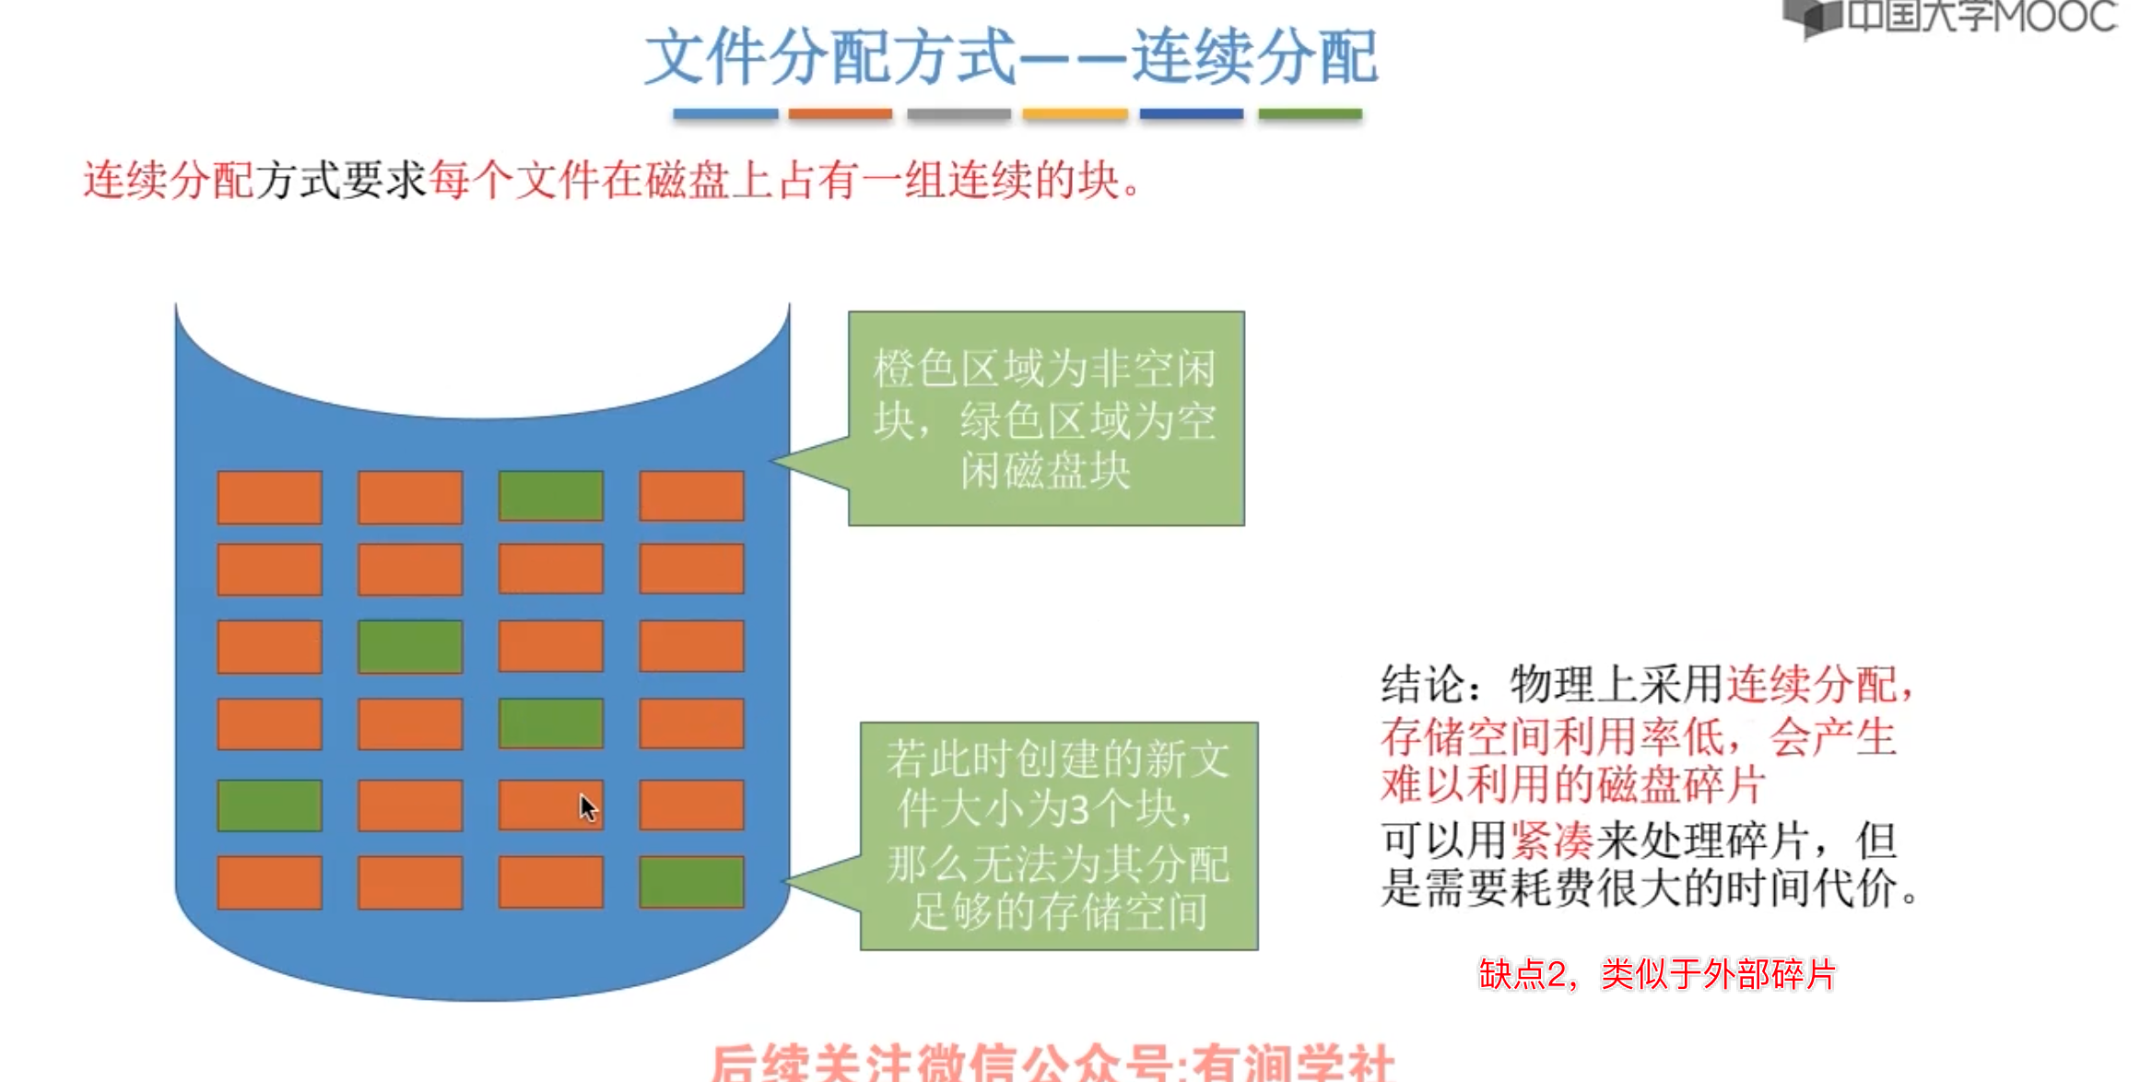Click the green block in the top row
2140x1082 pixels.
[550, 496]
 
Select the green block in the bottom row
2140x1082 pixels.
[691, 882]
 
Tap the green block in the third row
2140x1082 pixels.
[410, 646]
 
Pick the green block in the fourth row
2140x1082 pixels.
[550, 723]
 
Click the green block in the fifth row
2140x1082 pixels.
[269, 806]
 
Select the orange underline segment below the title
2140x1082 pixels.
[840, 114]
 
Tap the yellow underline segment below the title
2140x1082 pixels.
[1075, 114]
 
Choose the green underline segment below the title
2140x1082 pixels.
[1310, 114]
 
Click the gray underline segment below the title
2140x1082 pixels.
[958, 114]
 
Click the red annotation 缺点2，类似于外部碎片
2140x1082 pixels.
[1657, 974]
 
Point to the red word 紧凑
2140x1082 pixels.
[1552, 841]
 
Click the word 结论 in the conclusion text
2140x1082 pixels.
[1423, 685]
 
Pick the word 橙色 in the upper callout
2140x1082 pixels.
[916, 370]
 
